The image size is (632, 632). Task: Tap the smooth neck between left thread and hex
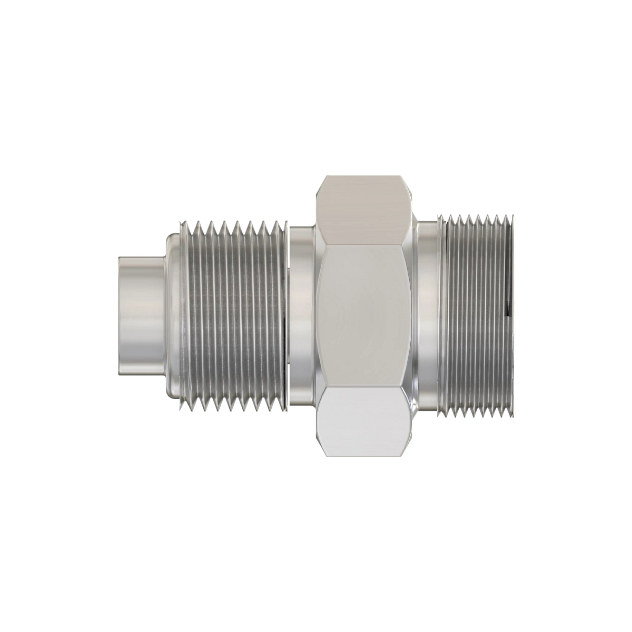(302, 316)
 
